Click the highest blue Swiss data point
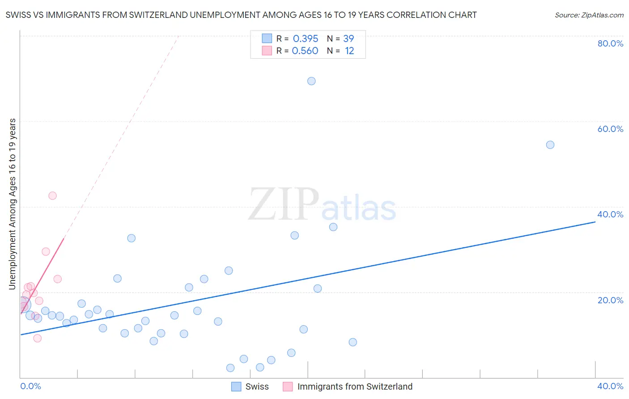pyautogui.click(x=311, y=81)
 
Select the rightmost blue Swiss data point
pyautogui.click(x=550, y=145)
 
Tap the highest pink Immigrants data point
pyautogui.click(x=52, y=195)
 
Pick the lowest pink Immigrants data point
pyautogui.click(x=38, y=338)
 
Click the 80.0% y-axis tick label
pyautogui.click(x=610, y=43)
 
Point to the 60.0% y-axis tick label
pyautogui.click(x=610, y=129)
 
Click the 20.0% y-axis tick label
pyautogui.click(x=610, y=300)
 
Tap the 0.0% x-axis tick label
pyautogui.click(x=30, y=386)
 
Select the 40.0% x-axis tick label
pyautogui.click(x=610, y=386)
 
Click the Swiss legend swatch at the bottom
pyautogui.click(x=236, y=386)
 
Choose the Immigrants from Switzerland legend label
pyautogui.click(x=355, y=386)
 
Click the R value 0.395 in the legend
pyautogui.click(x=306, y=39)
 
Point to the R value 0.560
pyautogui.click(x=305, y=51)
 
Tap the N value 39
pyautogui.click(x=348, y=39)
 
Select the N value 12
pyautogui.click(x=349, y=51)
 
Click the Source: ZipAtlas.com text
pyautogui.click(x=589, y=15)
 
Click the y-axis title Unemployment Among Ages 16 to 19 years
pyautogui.click(x=13, y=204)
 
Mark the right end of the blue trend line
pyautogui.click(x=595, y=221)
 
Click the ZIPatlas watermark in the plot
pyautogui.click(x=322, y=205)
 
